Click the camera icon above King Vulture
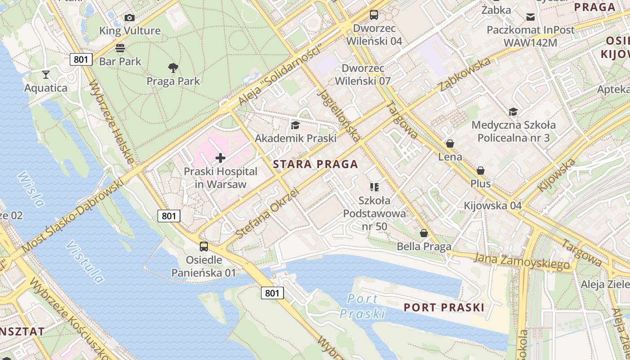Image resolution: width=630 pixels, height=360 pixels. pyautogui.click(x=130, y=18)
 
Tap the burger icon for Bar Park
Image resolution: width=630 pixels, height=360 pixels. pyautogui.click(x=120, y=48)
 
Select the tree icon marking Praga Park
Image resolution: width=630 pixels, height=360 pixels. pyautogui.click(x=173, y=68)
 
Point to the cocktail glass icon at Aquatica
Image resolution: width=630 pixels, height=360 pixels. pyautogui.click(x=45, y=75)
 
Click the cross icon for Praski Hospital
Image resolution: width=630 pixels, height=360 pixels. pyautogui.click(x=220, y=158)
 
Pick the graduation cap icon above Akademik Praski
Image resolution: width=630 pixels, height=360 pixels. pyautogui.click(x=296, y=125)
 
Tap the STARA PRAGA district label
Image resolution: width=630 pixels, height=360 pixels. pyautogui.click(x=315, y=164)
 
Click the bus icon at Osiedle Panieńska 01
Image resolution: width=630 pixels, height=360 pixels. pyautogui.click(x=204, y=247)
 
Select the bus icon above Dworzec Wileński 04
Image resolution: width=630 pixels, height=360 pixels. pyautogui.click(x=374, y=15)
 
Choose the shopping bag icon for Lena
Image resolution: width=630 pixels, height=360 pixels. pyautogui.click(x=450, y=144)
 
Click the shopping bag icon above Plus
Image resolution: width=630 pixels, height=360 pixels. pyautogui.click(x=481, y=171)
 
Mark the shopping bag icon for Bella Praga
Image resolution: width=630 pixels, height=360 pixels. pyautogui.click(x=424, y=233)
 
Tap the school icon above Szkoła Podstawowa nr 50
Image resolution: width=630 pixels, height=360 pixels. pyautogui.click(x=374, y=187)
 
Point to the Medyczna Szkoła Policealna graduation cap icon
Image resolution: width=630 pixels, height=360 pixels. pyautogui.click(x=513, y=112)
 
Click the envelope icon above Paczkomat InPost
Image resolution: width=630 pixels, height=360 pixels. pyautogui.click(x=531, y=17)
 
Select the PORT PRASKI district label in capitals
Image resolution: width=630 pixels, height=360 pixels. pyautogui.click(x=444, y=307)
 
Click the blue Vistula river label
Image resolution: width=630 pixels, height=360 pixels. pyautogui.click(x=85, y=261)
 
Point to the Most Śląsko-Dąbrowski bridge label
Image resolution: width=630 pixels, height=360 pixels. pyautogui.click(x=72, y=216)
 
